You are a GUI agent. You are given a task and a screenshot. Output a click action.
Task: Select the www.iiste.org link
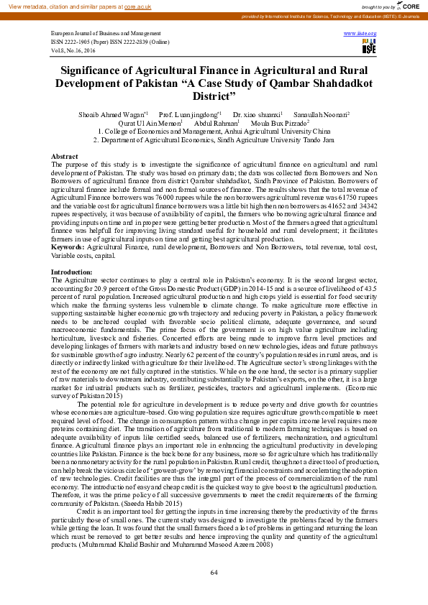point(360,34)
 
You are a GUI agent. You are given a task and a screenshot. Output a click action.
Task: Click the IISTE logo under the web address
point(369,47)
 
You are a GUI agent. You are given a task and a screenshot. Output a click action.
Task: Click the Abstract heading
point(64,156)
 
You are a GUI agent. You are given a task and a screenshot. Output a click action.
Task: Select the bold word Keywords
point(67,246)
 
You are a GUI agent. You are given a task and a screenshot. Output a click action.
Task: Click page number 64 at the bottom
point(214,573)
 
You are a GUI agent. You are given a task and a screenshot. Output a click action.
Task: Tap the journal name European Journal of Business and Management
point(106,34)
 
